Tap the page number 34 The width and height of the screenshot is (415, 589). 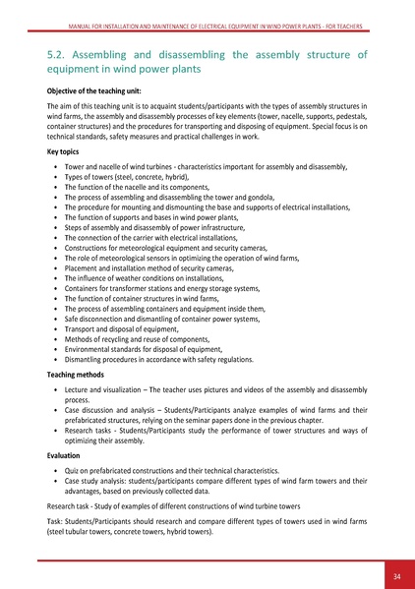tap(392, 575)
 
